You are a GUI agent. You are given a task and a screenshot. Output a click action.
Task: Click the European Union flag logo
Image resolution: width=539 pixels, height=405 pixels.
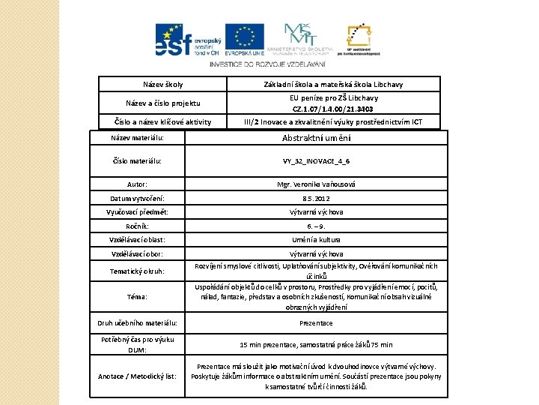pyautogui.click(x=244, y=40)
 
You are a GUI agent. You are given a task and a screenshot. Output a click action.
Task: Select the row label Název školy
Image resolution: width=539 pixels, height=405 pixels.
pyautogui.click(x=162, y=85)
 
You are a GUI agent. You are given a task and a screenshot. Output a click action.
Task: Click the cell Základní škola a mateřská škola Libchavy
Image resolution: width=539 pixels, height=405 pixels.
pyautogui.click(x=334, y=85)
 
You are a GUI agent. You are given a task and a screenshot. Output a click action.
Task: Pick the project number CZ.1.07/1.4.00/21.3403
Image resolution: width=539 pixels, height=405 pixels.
pyautogui.click(x=334, y=109)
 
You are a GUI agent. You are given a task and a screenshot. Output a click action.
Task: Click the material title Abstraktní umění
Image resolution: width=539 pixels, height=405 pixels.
pyautogui.click(x=317, y=138)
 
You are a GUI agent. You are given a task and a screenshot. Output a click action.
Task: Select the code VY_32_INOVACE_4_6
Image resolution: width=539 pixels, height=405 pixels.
pyautogui.click(x=317, y=161)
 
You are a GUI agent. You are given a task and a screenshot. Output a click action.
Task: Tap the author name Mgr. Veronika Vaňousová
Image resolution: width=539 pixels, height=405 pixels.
pyautogui.click(x=317, y=184)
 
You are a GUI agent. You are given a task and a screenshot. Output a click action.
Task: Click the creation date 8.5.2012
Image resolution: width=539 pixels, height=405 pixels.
pyautogui.click(x=317, y=198)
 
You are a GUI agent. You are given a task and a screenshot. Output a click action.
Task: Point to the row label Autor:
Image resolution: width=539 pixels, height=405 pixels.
pyautogui.click(x=137, y=184)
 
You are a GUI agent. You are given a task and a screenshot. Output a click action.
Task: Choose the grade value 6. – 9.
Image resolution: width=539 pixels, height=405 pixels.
pyautogui.click(x=317, y=226)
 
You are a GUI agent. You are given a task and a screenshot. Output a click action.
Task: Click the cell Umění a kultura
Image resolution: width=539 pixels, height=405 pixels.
pyautogui.click(x=317, y=240)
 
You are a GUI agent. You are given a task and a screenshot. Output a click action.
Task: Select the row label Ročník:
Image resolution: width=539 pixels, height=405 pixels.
pyautogui.click(x=137, y=226)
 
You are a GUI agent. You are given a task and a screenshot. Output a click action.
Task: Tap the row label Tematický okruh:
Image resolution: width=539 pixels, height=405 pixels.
pyautogui.click(x=137, y=271)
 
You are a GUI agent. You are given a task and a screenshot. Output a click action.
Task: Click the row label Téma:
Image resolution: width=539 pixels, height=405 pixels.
pyautogui.click(x=137, y=297)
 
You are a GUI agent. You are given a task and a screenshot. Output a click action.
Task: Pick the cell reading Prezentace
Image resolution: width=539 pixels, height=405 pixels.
pyautogui.click(x=317, y=323)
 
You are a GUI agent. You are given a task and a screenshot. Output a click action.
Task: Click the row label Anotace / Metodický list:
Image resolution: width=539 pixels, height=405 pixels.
pyautogui.click(x=137, y=376)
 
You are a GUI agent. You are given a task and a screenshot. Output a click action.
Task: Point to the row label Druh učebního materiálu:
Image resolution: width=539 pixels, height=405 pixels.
pyautogui.click(x=137, y=323)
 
